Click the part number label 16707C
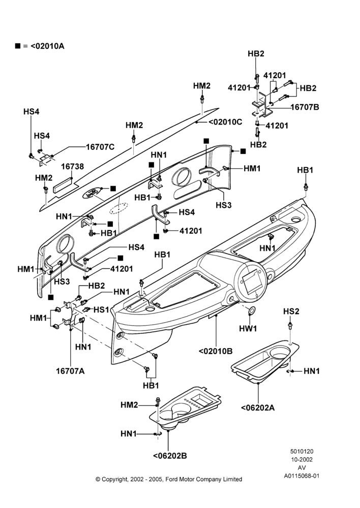tap(100, 147)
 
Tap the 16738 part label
tap(72, 167)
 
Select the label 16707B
tap(305, 107)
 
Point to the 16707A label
tap(70, 371)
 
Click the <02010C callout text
tap(225, 122)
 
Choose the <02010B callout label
tap(216, 351)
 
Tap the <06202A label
tap(258, 407)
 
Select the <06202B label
tap(170, 456)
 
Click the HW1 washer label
tap(248, 328)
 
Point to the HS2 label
tap(291, 311)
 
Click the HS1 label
tap(102, 310)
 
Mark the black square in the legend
tap(17, 46)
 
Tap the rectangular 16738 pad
tap(64, 185)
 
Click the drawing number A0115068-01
tap(302, 476)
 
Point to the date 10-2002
tap(302, 459)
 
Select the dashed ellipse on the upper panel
tap(118, 208)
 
